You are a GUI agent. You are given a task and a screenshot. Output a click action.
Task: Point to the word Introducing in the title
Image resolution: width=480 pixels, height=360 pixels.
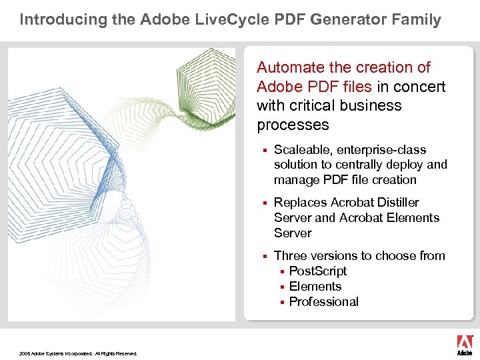click(57, 19)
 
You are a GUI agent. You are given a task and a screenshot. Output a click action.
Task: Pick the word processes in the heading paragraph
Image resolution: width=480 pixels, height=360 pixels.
click(293, 125)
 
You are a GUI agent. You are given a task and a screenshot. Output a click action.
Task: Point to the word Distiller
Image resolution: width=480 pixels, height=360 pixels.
click(394, 202)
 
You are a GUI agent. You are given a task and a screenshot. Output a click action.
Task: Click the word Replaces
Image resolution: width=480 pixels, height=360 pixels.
click(301, 202)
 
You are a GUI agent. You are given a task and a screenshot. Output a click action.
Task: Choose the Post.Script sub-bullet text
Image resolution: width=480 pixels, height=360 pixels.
click(318, 271)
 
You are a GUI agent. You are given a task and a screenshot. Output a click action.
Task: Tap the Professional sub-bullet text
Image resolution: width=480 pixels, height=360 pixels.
click(324, 301)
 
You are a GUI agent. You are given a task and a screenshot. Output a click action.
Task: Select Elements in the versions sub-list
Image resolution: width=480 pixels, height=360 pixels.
click(315, 286)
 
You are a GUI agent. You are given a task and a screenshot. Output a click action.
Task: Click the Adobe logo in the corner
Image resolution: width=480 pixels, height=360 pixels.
click(464, 345)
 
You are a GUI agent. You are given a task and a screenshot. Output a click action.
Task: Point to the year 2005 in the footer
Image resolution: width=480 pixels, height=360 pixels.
click(25, 353)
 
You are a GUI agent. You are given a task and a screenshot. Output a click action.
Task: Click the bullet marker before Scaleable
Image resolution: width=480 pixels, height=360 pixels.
click(265, 150)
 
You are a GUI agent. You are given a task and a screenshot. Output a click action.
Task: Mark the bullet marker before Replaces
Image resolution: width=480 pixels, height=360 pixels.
click(265, 203)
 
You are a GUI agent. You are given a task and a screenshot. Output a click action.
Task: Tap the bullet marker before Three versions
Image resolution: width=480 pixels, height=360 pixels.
click(265, 256)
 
